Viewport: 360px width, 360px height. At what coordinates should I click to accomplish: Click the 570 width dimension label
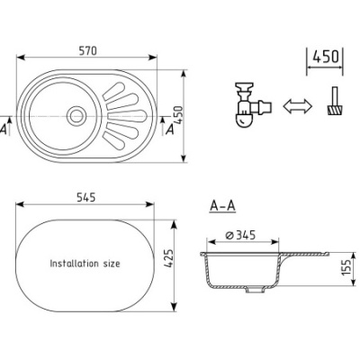tap(88, 51)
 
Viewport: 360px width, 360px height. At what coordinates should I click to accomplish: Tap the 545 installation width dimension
tap(86, 197)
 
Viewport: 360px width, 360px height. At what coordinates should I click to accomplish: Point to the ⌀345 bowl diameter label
tap(240, 235)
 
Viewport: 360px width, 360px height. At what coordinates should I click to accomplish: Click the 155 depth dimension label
tap(346, 267)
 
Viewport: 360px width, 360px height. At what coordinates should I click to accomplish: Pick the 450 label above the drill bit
tap(326, 57)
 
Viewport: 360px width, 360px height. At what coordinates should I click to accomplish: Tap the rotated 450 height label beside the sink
tap(178, 115)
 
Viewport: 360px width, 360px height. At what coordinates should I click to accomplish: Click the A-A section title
tap(222, 206)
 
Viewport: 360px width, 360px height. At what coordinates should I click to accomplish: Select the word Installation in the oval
tap(74, 264)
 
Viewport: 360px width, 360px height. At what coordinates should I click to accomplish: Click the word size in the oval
tap(112, 264)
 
